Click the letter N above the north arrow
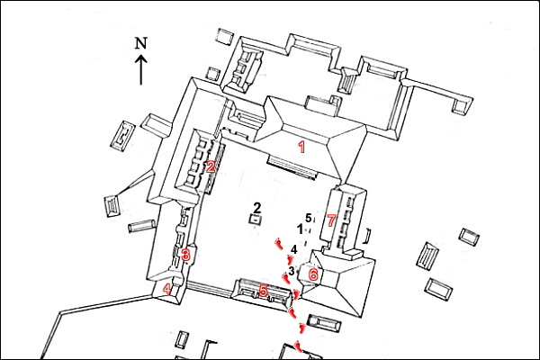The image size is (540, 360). (140, 43)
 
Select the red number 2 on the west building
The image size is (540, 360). (210, 166)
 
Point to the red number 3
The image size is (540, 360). (185, 255)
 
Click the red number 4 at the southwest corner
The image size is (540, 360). (168, 289)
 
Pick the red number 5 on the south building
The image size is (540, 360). (263, 290)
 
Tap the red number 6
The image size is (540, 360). (313, 274)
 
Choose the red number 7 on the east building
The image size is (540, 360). (331, 220)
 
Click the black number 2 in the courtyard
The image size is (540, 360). (256, 207)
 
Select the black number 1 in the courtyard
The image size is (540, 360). (301, 229)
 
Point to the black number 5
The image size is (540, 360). (308, 218)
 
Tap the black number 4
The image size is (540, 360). (294, 250)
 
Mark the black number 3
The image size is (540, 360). (292, 270)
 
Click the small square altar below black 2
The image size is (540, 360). (256, 220)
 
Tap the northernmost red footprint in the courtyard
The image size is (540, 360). (280, 243)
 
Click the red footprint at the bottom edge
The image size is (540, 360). (298, 346)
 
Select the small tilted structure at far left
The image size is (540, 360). (112, 206)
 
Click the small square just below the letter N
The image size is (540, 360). (211, 73)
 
